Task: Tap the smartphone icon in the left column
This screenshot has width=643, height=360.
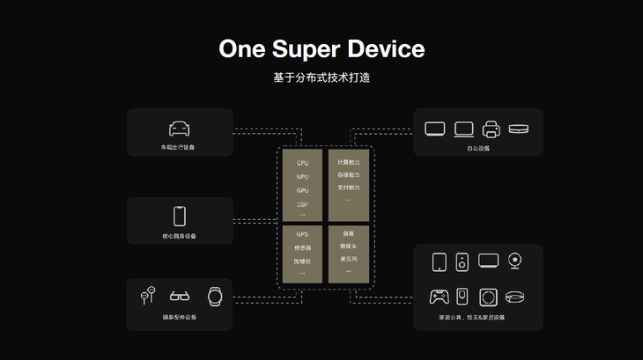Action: [x=180, y=216]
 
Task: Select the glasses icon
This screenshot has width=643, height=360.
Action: [x=180, y=297]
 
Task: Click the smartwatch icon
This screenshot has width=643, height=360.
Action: [x=214, y=296]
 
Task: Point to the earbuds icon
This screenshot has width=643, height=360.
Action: [x=147, y=295]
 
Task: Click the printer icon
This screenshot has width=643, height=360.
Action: [x=491, y=129]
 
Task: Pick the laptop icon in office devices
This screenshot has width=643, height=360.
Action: [x=463, y=129]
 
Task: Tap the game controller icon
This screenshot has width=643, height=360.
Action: [x=439, y=296]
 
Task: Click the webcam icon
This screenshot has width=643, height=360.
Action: [x=516, y=261]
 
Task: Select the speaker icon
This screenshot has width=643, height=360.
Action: [x=462, y=261]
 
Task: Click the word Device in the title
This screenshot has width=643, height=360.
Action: [x=388, y=48]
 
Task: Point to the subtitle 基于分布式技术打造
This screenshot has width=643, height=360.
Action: [x=321, y=77]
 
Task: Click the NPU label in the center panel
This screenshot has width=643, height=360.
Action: [x=302, y=177]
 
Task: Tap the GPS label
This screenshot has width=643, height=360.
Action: [x=302, y=235]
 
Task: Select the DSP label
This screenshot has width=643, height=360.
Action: [x=302, y=204]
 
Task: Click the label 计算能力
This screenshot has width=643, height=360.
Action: [x=348, y=163]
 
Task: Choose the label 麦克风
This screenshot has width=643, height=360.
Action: [x=348, y=259]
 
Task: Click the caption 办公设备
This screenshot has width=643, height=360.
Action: [x=478, y=148]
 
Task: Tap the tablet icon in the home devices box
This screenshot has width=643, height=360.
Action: [x=439, y=261]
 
